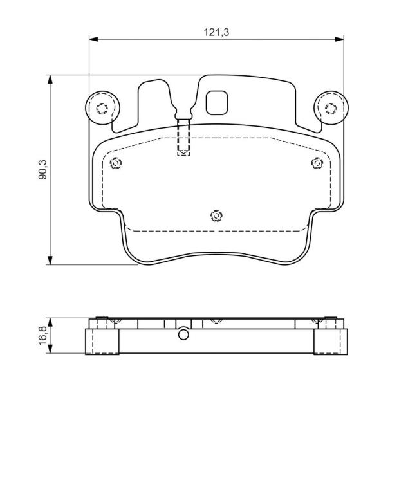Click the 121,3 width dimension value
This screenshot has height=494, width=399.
(x=216, y=32)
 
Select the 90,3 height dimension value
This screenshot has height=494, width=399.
(x=42, y=170)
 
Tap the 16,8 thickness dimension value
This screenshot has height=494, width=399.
(x=42, y=336)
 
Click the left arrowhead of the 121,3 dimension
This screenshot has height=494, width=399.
(x=94, y=39)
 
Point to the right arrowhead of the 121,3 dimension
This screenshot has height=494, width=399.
(x=339, y=39)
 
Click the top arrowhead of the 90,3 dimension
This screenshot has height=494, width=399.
(x=50, y=80)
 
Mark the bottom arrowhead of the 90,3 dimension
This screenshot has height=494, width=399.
(x=50, y=261)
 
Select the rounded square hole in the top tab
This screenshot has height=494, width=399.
(x=217, y=103)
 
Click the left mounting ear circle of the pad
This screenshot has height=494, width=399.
(x=102, y=108)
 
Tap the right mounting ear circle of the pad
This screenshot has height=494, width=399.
(x=331, y=108)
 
